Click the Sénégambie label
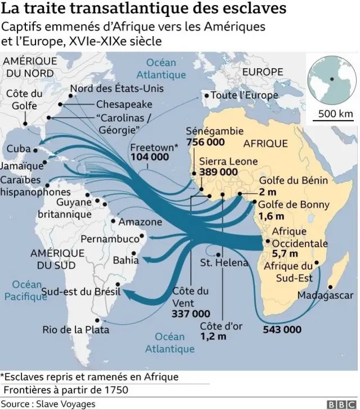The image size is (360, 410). coord(209,131)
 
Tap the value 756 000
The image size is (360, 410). coord(205,142)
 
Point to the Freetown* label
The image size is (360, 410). coord(154,147)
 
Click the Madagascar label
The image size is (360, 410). coord(325,295)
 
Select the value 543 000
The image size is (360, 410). coord(281,329)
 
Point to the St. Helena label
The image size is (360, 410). coord(224,263)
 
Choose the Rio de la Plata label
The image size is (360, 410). coord(76,329)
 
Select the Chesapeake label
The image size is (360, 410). coord(124,105)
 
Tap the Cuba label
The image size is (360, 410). coord(19,149)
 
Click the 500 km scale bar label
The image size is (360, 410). coord(335,113)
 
